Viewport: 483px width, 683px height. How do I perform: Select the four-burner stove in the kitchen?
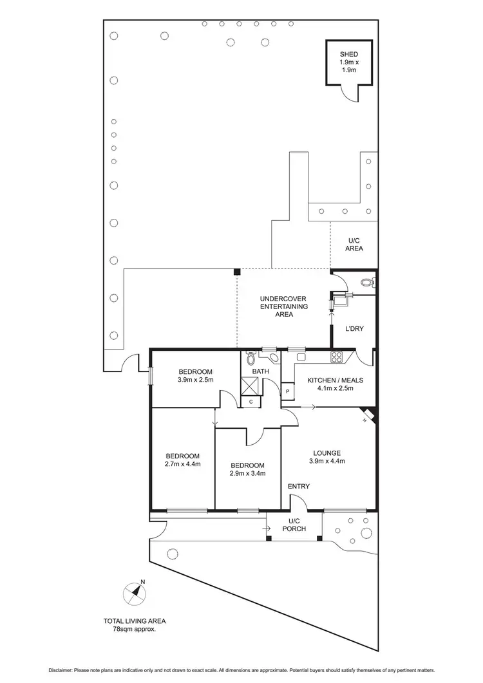tap(336, 357)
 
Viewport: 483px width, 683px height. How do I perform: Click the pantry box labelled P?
tap(287, 391)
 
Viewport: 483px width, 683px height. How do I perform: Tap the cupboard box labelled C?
tap(251, 402)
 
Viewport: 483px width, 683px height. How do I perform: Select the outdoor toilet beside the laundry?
tap(366, 282)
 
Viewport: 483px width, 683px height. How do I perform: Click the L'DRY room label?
tap(354, 329)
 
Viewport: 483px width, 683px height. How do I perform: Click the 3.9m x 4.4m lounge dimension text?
tap(327, 460)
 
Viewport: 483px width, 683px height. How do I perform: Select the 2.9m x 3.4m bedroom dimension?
tap(247, 473)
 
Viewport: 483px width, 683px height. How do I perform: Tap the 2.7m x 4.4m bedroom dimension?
tap(182, 463)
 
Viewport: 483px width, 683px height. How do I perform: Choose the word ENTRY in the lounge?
tap(298, 486)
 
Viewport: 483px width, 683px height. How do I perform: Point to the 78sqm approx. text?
tap(135, 630)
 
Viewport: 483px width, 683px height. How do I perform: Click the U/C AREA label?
tap(354, 245)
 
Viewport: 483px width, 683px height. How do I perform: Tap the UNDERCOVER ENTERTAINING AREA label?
tap(283, 306)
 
